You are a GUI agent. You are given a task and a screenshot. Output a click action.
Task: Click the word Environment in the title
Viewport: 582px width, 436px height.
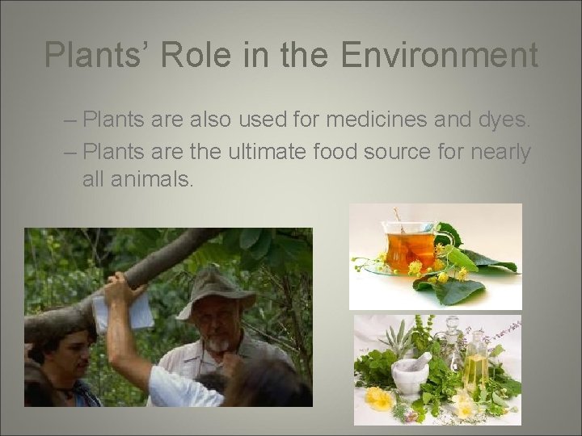[x=441, y=56]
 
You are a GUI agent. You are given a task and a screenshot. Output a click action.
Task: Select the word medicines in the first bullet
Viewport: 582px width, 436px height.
[x=379, y=120]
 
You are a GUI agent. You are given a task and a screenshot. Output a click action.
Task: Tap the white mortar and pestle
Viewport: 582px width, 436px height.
[x=411, y=374]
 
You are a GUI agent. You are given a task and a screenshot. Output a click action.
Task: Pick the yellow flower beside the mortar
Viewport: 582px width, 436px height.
[x=378, y=398]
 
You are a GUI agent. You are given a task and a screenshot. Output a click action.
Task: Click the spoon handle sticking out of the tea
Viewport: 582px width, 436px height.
[x=397, y=218]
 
